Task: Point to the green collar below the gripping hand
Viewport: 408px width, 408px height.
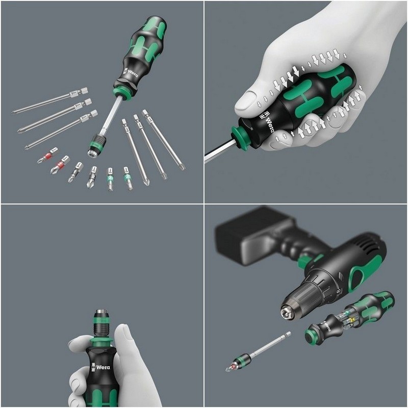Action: coord(240,138)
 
